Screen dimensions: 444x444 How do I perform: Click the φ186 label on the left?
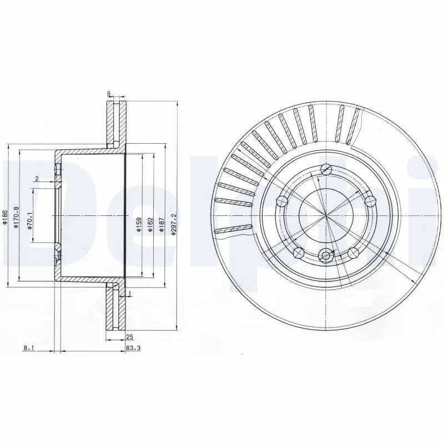tap(5, 219)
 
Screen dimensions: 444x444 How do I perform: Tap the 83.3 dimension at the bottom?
tap(133, 348)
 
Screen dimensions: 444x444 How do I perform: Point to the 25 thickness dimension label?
tap(130, 337)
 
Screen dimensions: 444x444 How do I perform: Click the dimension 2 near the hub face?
tap(36, 179)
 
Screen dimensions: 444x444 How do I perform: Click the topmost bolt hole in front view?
tap(326, 169)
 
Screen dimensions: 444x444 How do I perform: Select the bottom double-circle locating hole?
tap(326, 255)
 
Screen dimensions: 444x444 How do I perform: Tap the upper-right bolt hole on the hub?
tap(370, 200)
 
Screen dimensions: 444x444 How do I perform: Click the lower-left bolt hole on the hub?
tap(299, 253)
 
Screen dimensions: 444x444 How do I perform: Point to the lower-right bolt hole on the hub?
tap(354, 253)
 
